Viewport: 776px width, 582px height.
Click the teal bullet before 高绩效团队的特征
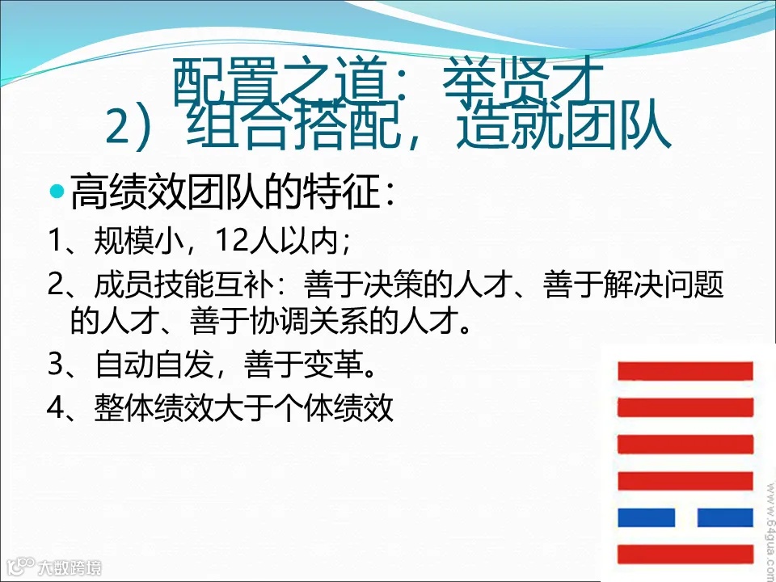[x=56, y=193]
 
